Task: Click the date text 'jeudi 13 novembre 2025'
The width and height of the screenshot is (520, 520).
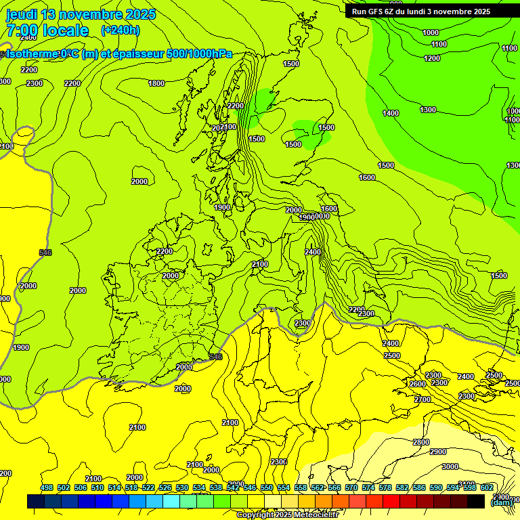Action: coord(81,14)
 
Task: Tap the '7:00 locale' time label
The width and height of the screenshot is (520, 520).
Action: coord(47,30)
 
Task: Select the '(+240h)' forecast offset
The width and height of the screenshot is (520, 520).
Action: coord(121,30)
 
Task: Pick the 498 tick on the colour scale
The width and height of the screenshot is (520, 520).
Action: coord(47,487)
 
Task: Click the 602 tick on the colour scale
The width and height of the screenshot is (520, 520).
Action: coord(487,487)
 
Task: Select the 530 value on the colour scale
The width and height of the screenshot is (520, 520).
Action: coord(182,487)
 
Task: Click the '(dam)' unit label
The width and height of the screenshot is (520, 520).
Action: coord(500,502)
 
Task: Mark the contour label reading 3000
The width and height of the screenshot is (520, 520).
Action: coord(450,467)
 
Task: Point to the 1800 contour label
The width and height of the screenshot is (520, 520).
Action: coord(156,83)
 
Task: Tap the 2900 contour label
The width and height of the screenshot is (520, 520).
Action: coord(438,452)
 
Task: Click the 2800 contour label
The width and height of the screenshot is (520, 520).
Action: coord(421,442)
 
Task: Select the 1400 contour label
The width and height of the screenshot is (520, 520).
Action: coord(391,113)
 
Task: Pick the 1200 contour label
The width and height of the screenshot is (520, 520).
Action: coord(432,58)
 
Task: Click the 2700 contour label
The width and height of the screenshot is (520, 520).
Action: coord(422,399)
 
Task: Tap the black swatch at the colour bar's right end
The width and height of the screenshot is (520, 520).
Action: coord(476,501)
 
